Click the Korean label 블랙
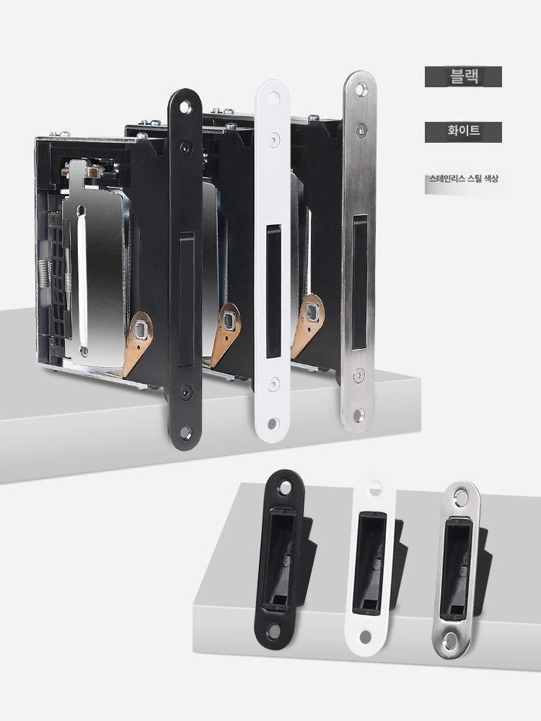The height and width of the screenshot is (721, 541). pyautogui.click(x=465, y=76)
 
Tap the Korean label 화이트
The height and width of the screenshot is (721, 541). pyautogui.click(x=464, y=131)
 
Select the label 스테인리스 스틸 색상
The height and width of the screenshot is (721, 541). pyautogui.click(x=463, y=178)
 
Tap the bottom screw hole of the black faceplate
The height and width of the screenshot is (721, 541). pyautogui.click(x=185, y=431)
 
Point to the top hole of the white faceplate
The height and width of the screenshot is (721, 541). pyautogui.click(x=275, y=97)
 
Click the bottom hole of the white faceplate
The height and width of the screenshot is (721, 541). pyautogui.click(x=273, y=423)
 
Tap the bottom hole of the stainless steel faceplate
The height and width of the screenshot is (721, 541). pyautogui.click(x=359, y=415)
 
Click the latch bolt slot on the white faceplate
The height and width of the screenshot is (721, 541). pyautogui.click(x=273, y=291)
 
